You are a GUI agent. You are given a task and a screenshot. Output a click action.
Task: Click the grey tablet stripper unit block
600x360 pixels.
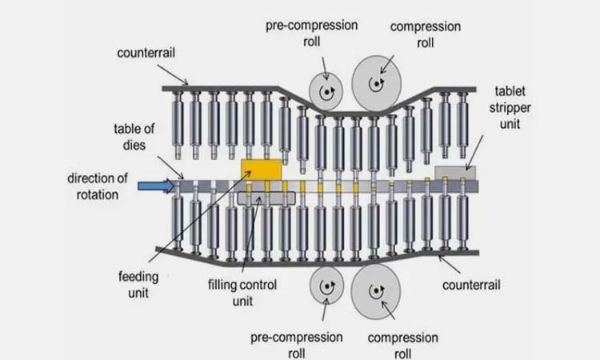[455, 172]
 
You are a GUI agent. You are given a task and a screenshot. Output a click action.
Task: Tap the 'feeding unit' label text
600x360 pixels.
[139, 285]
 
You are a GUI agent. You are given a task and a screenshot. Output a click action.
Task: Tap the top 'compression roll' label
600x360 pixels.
[425, 34]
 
